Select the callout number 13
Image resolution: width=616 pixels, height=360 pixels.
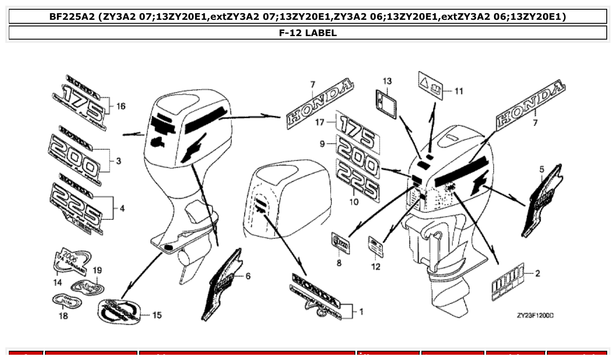click(387, 81)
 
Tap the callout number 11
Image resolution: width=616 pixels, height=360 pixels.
click(459, 92)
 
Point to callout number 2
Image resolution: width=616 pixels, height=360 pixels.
click(537, 273)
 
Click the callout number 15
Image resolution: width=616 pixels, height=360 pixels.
click(157, 315)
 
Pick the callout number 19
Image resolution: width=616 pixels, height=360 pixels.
click(97, 270)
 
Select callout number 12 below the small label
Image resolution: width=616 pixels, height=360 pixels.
click(375, 267)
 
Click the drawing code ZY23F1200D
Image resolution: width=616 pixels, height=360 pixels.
click(535, 316)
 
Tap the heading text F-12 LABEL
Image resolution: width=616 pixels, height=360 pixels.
click(308, 33)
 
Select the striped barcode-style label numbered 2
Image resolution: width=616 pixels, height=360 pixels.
click(508, 283)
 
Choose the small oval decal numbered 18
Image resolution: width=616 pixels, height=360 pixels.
click(67, 301)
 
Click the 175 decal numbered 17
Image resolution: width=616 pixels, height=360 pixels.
click(357, 128)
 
